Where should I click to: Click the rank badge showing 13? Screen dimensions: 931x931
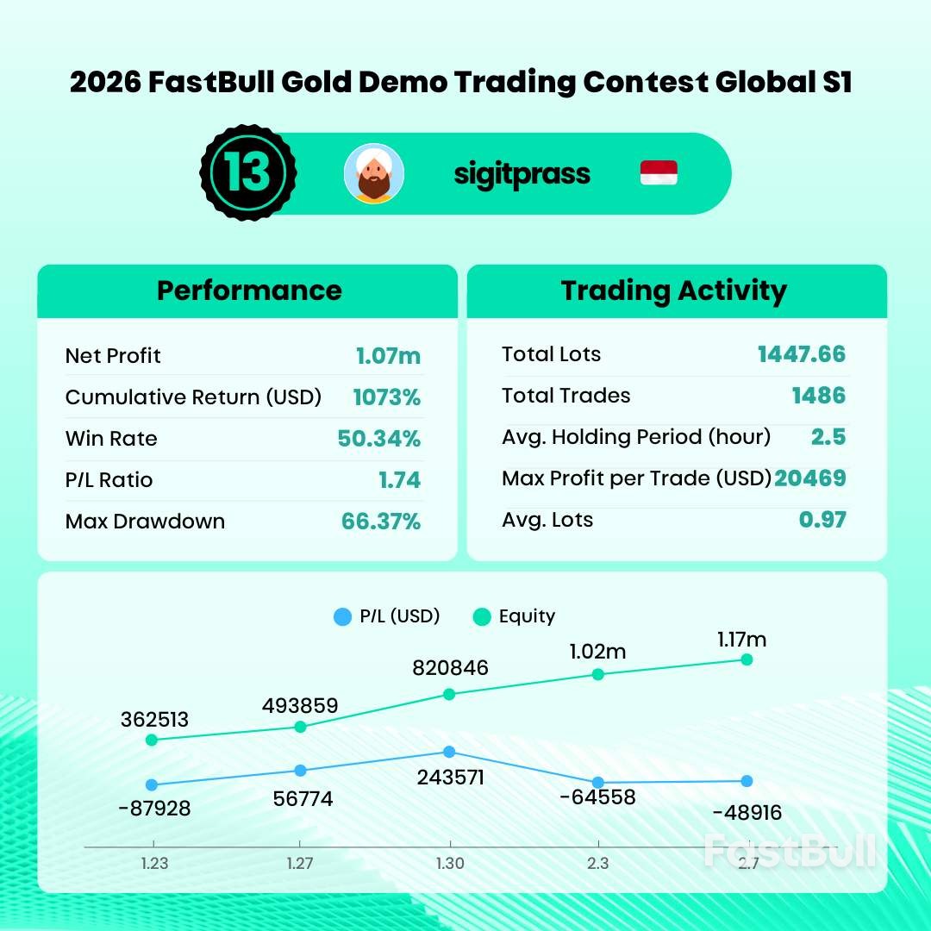247,173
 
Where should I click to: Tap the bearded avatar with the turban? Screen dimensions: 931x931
374,173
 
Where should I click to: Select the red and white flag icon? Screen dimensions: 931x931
659,173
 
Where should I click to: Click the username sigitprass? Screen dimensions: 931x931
522,173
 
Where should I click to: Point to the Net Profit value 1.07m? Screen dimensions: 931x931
388,355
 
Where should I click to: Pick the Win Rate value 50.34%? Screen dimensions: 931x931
378,438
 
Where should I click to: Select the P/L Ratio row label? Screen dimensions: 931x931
109,480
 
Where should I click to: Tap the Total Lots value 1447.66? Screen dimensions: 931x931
801,353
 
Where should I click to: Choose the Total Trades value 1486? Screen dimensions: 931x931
818,396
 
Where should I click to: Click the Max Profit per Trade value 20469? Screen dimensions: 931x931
809,478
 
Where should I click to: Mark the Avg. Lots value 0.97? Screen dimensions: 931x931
822,520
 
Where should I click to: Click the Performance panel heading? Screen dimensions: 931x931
248,291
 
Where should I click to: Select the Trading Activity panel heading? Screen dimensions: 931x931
673,291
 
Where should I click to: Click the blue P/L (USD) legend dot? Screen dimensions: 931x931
342,616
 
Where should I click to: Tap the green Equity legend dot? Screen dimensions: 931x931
482,616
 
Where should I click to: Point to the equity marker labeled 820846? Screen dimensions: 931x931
449,694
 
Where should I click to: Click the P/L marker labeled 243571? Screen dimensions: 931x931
449,753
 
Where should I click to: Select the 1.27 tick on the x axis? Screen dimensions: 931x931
299,864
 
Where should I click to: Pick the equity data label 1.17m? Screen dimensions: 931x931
741,640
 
